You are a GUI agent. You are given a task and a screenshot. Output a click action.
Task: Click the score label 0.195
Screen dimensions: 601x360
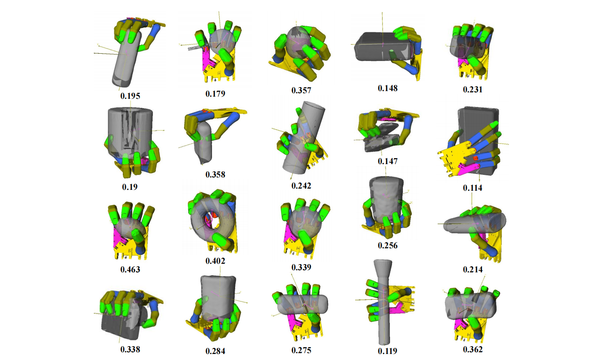click(x=130, y=96)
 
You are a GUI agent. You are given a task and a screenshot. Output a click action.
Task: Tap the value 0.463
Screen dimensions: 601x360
click(x=130, y=269)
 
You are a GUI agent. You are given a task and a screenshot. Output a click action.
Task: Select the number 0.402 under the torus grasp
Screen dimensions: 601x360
click(x=215, y=261)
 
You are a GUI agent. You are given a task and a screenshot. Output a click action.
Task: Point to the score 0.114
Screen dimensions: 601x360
click(x=472, y=188)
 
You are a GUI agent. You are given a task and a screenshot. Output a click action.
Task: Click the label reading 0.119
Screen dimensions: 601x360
click(x=387, y=351)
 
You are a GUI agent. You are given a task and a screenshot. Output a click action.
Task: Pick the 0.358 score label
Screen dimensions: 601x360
click(x=215, y=174)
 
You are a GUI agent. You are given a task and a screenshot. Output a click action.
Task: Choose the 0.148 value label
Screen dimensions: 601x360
click(x=387, y=88)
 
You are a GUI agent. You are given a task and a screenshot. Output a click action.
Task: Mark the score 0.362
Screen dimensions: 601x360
click(x=472, y=349)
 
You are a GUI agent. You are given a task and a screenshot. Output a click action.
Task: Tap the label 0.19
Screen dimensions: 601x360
click(x=130, y=187)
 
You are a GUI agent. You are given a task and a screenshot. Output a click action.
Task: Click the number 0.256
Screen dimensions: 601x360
click(x=387, y=246)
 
